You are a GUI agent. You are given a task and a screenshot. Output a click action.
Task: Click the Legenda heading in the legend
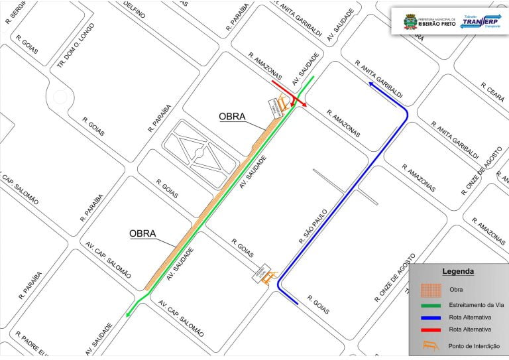pyautogui.click(x=457, y=271)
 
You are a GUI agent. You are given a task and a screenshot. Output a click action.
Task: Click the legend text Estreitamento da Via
pyautogui.click(x=473, y=305)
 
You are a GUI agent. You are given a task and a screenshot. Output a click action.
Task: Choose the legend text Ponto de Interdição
pyautogui.click(x=474, y=345)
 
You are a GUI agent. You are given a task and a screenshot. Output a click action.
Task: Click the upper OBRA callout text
pyautogui.click(x=232, y=117)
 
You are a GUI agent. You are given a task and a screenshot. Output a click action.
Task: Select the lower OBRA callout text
pyautogui.click(x=142, y=233)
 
